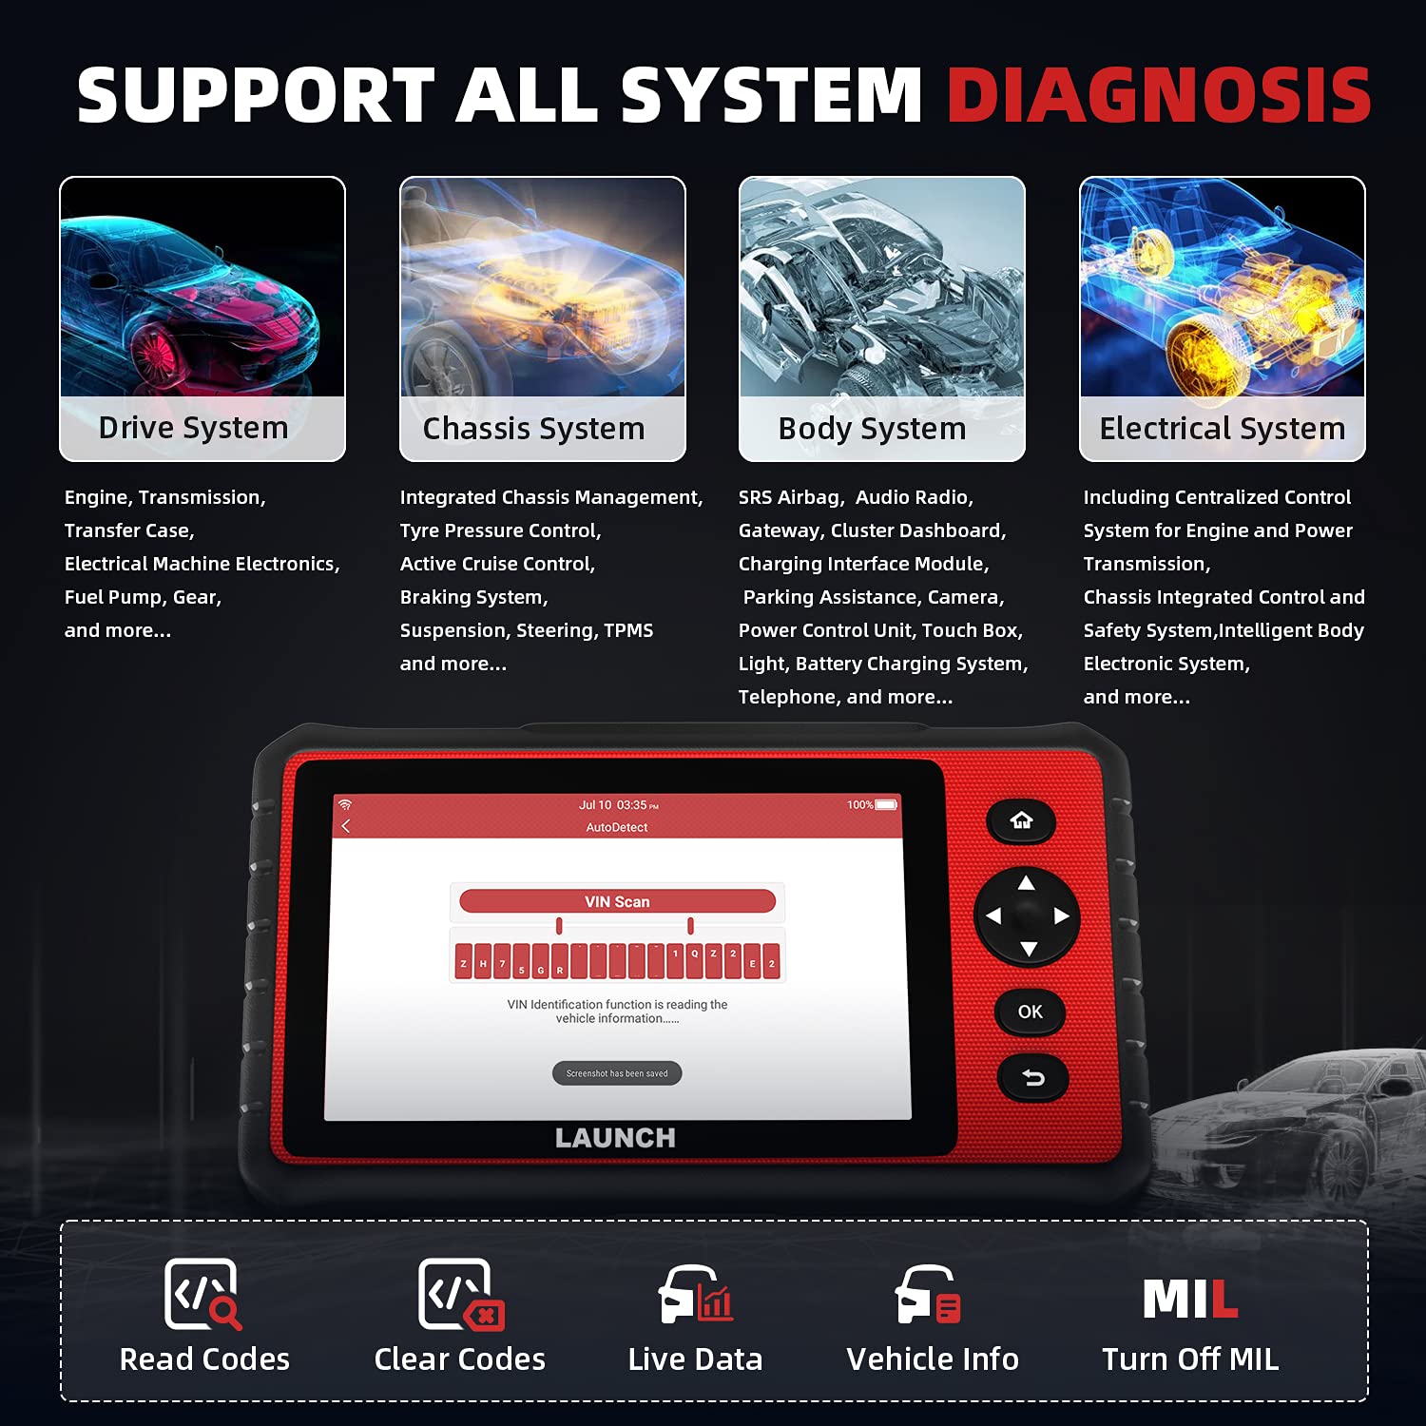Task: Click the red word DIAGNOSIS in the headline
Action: [1159, 95]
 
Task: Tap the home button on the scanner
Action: [1021, 820]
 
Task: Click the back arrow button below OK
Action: [1032, 1078]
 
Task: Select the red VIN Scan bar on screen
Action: [617, 901]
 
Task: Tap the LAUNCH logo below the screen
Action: [615, 1138]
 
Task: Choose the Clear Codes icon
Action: [461, 1294]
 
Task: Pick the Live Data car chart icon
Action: [696, 1294]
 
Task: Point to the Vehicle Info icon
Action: [929, 1294]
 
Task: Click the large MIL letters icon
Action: [1190, 1299]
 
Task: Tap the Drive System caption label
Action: [194, 428]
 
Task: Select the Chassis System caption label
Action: [533, 429]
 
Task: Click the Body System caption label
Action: [872, 429]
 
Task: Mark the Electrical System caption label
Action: [1223, 429]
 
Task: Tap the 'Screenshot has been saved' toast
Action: [617, 1073]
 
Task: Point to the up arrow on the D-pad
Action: [1027, 883]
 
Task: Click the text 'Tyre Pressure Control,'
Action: [500, 530]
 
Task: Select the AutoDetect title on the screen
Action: [617, 827]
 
